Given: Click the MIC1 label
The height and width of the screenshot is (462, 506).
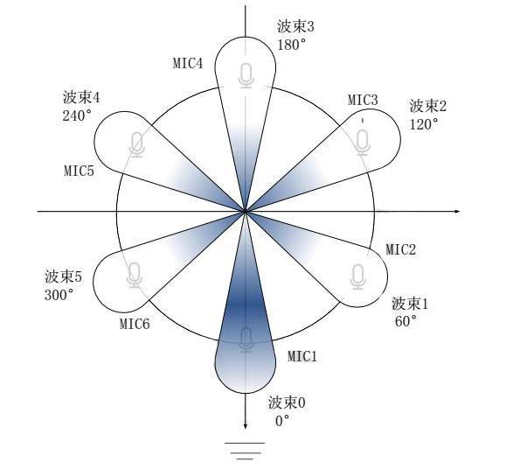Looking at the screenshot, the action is click(302, 356).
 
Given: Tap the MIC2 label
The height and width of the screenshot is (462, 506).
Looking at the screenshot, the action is click(401, 249).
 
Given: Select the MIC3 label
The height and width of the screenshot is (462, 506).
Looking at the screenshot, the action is click(363, 100).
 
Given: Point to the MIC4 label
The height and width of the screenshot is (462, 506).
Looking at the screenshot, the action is click(188, 63).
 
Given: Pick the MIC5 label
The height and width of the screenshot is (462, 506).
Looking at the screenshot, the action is click(79, 171).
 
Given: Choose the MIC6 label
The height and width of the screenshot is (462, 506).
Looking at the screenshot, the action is click(135, 324).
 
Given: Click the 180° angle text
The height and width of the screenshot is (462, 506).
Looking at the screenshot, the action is click(292, 45).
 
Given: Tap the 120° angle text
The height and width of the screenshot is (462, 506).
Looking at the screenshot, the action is click(424, 123).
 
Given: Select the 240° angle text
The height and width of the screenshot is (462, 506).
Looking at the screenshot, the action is click(77, 115).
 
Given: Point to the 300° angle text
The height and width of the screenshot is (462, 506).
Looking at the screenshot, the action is click(59, 295).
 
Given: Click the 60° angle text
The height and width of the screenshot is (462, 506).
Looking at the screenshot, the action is click(405, 321).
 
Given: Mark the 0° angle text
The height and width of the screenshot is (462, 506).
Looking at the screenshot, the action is click(282, 421).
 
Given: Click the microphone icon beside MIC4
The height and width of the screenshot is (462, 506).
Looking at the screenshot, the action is click(246, 75).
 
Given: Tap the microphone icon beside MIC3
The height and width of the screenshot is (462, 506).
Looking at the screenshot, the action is click(363, 141).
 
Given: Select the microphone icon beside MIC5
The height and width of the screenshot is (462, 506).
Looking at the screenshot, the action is click(137, 144).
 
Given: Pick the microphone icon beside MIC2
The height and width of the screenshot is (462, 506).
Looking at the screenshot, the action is click(357, 276).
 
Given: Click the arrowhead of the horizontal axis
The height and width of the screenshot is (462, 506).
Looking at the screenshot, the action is click(457, 211).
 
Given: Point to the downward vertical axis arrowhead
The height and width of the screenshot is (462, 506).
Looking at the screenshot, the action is click(246, 426).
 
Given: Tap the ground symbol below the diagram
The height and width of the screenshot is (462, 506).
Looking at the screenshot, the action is click(246, 451).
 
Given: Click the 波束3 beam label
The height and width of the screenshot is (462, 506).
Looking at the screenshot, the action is click(295, 27).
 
